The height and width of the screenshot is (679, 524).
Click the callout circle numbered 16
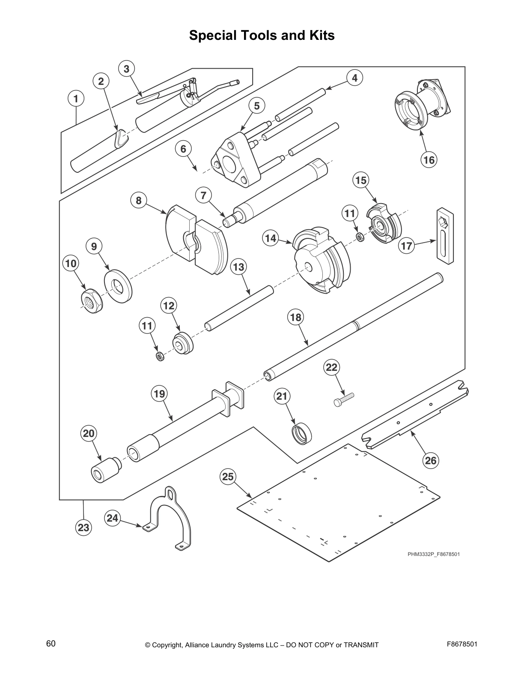click(429, 160)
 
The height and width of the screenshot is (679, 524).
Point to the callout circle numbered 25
click(228, 476)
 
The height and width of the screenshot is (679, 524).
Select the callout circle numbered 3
click(126, 69)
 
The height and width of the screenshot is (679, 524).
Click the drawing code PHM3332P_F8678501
click(433, 554)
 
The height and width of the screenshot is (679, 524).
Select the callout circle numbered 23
click(83, 527)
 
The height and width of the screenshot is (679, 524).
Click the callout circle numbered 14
click(271, 238)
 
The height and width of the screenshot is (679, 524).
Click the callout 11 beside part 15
click(350, 213)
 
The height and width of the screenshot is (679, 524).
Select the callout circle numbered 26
click(431, 460)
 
